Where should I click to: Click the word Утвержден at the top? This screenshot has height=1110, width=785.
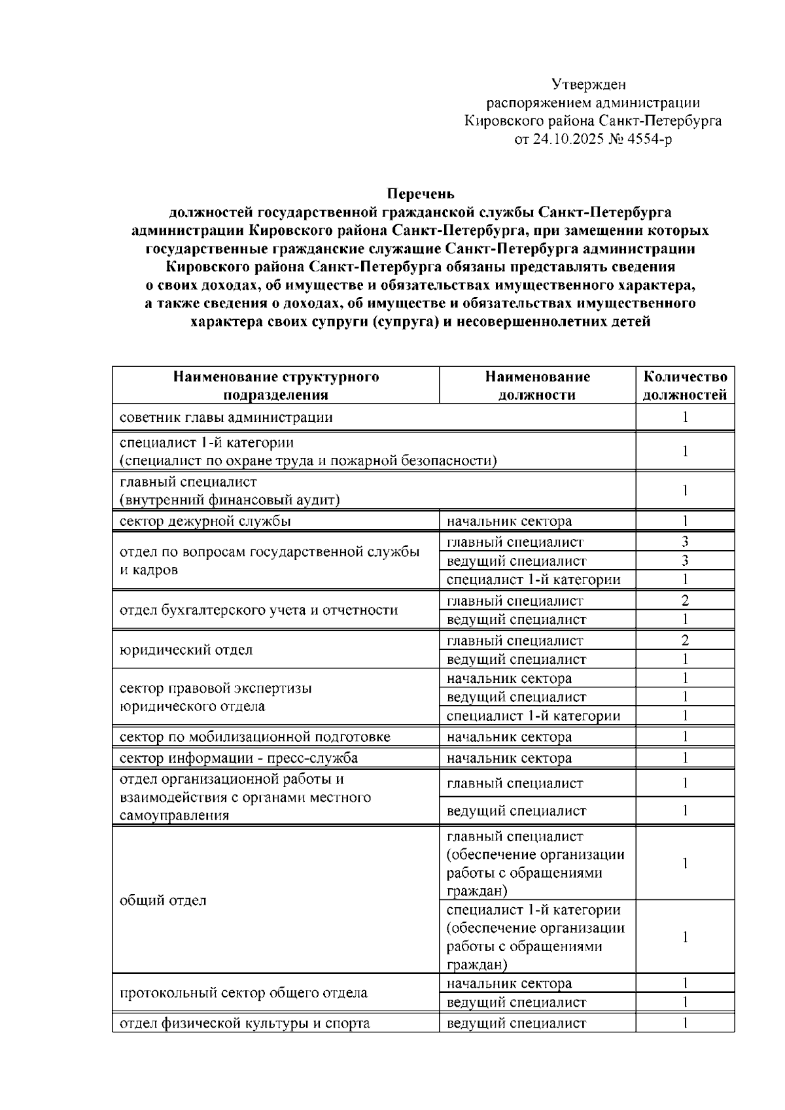click(589, 84)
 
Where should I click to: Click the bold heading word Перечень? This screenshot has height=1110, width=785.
click(421, 194)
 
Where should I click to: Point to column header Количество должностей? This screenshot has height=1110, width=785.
click(685, 385)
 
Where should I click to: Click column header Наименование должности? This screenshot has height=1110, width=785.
click(537, 385)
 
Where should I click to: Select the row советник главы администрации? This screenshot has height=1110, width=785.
click(226, 417)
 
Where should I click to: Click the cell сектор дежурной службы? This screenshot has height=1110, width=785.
click(205, 521)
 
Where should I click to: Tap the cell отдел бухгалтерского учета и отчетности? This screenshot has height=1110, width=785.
click(258, 610)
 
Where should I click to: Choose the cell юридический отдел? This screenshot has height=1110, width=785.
click(186, 650)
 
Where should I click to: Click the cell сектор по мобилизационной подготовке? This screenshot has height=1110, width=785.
click(254, 737)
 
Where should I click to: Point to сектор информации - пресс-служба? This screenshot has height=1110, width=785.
click(239, 759)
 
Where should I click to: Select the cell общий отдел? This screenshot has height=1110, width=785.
click(163, 901)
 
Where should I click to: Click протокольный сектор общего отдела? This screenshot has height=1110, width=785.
click(243, 993)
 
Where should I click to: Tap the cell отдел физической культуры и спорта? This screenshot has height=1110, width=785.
click(245, 1024)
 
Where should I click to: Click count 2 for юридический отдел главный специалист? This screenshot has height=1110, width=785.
click(685, 641)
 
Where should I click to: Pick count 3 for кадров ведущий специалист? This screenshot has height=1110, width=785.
click(685, 561)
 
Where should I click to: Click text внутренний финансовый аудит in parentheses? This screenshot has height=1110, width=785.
click(230, 500)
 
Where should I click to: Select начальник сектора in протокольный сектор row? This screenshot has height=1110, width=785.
click(509, 984)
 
